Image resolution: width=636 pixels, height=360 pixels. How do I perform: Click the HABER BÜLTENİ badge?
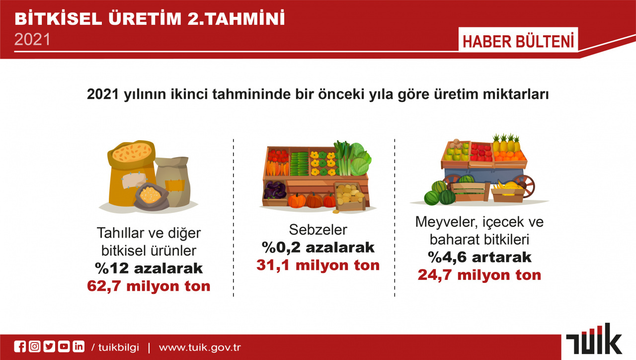pos(518,40)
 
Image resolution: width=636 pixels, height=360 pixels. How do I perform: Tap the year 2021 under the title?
pos(32,39)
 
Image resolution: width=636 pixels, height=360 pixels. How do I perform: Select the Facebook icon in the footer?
pos(20,347)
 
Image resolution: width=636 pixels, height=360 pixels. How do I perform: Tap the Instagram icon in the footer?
pos(35,347)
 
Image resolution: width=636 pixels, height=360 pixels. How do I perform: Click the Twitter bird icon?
pos(49,347)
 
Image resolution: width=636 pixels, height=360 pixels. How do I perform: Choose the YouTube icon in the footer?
pos(64,347)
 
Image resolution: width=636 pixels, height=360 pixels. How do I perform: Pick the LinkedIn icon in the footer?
pos(79,347)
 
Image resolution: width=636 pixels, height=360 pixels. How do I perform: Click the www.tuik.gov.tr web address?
pos(200,348)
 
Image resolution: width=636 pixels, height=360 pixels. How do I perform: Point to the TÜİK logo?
pos(594,339)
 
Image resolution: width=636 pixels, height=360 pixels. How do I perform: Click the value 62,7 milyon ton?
pos(149,286)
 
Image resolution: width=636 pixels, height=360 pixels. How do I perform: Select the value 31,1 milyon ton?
pos(318,265)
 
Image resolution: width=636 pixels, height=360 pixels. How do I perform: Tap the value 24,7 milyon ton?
pos(479,275)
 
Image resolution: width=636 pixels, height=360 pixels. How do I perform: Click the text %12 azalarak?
pos(149,268)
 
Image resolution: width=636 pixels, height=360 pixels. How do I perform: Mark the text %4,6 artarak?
pos(479,257)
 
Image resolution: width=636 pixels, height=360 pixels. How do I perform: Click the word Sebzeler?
pos(318,230)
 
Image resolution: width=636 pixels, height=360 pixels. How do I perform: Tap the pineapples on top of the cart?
pos(506,143)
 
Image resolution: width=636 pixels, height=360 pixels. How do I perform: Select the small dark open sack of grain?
pos(151,196)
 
